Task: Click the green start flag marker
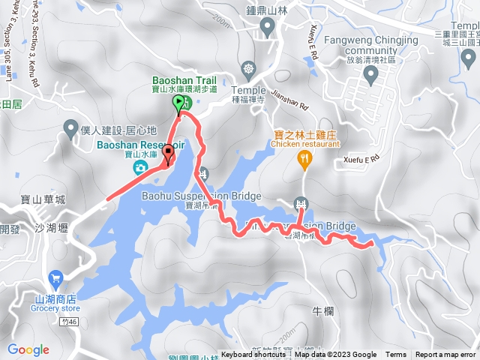178,103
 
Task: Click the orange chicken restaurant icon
304,157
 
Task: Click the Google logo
28,349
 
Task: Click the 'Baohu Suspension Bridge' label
201,196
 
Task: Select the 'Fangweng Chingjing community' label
369,39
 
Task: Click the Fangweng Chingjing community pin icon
370,74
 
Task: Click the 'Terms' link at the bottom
396,355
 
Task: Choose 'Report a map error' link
445,355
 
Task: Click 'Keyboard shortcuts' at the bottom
255,355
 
